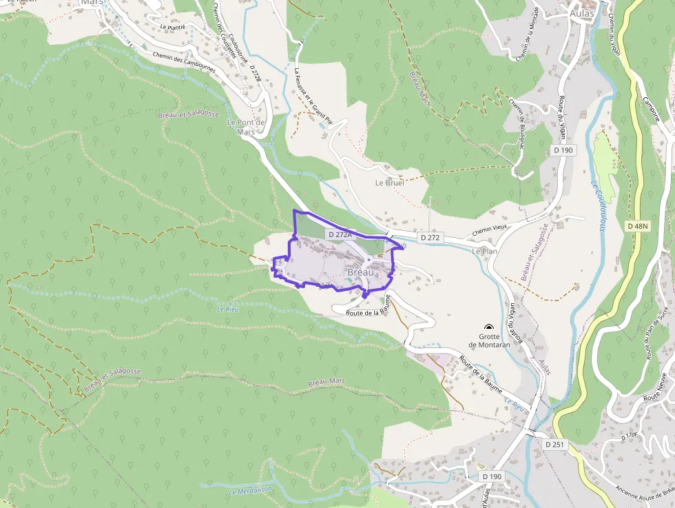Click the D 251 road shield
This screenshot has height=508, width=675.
click(x=554, y=445)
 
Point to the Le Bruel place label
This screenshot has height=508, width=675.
click(x=389, y=183)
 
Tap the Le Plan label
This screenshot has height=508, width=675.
click(x=484, y=252)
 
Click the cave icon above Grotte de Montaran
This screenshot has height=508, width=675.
click(x=489, y=327)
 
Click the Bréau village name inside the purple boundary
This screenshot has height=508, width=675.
click(x=361, y=272)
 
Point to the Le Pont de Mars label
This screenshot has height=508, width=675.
click(x=246, y=127)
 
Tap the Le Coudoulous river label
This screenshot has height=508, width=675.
click(x=596, y=205)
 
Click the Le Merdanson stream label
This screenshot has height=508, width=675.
click(x=251, y=491)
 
